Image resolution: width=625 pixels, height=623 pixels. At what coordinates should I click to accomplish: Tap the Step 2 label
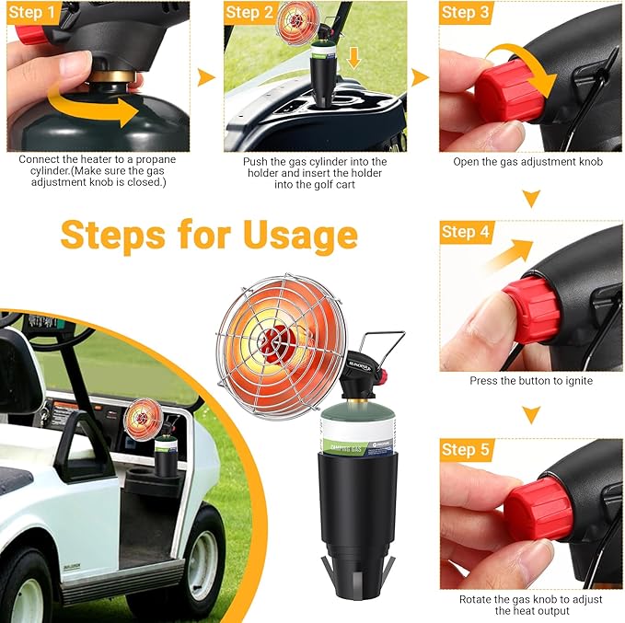click(249, 13)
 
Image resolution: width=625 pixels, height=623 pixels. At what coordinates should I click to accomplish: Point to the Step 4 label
click(465, 232)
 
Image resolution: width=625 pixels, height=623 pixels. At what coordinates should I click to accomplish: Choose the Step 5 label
click(465, 450)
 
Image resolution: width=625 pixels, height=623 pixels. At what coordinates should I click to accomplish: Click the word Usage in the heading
click(299, 235)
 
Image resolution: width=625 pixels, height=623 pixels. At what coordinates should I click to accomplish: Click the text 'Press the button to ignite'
click(531, 381)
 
